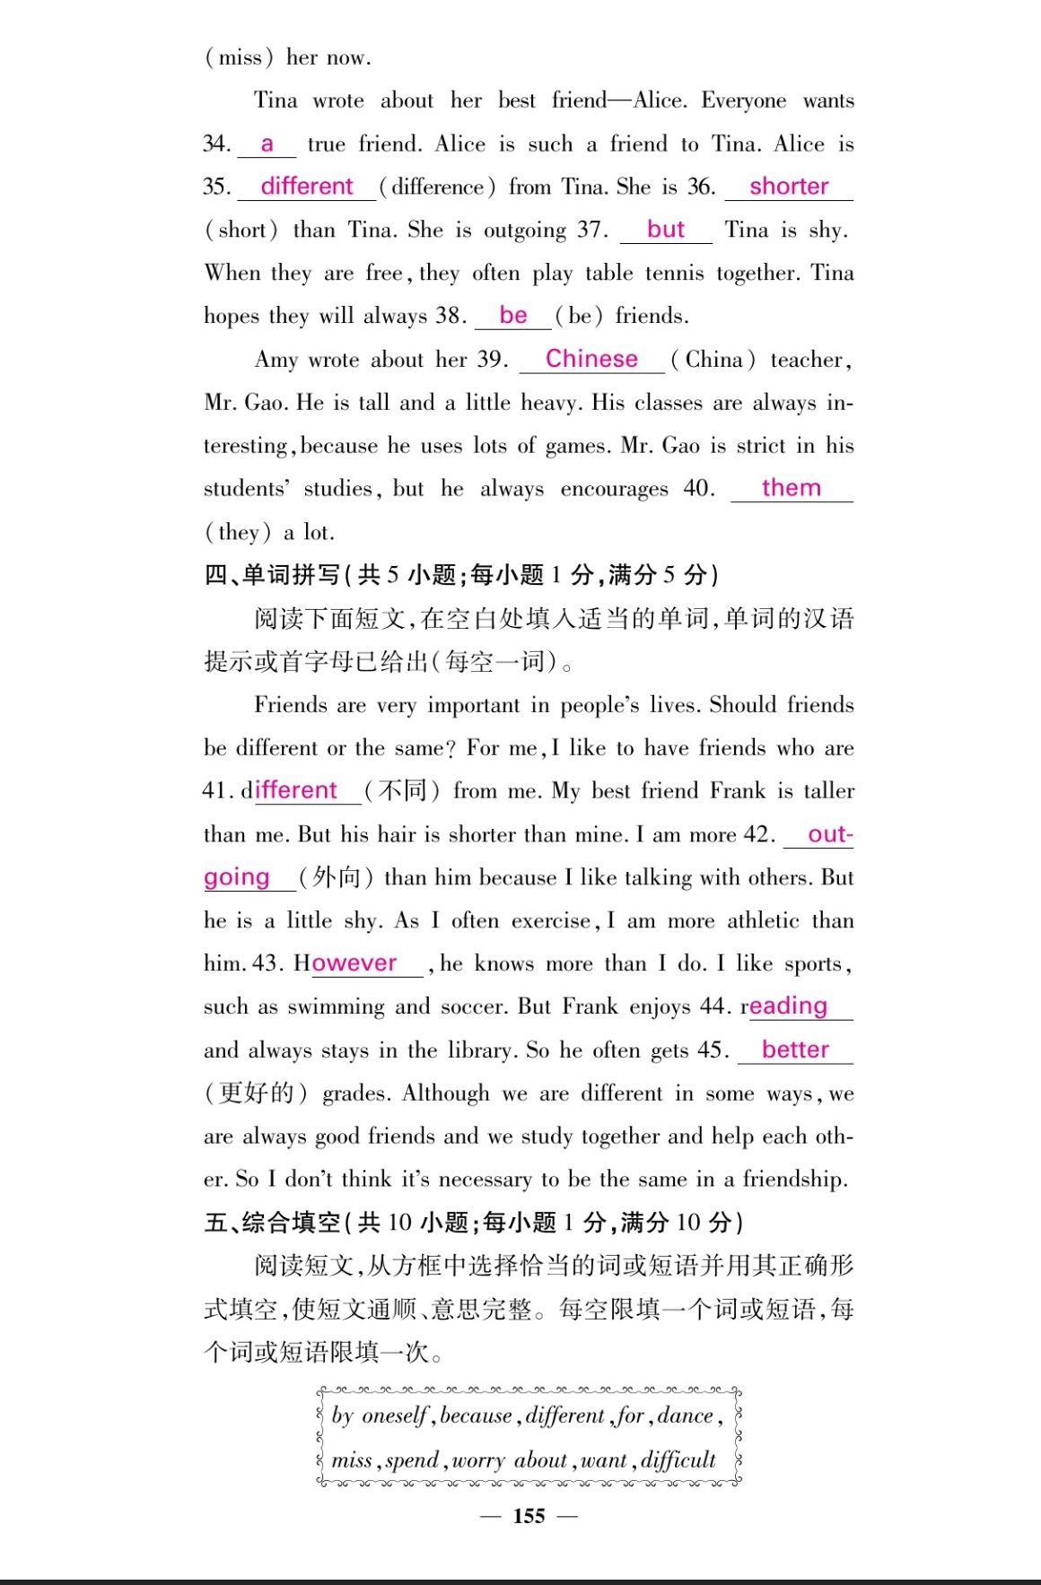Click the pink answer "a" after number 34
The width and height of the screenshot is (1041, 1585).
(x=267, y=144)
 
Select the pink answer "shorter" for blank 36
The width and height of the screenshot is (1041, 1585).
(x=789, y=187)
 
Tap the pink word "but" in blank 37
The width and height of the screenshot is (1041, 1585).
(x=666, y=230)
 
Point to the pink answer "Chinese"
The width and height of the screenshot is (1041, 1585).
(x=591, y=359)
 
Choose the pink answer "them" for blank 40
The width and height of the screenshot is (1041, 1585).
(x=791, y=488)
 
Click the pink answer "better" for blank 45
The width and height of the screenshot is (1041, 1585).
(x=795, y=1049)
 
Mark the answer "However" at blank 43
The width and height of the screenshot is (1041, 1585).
(x=354, y=963)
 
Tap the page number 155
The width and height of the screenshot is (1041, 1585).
(x=529, y=1516)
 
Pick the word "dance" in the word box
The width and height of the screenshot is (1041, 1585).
(x=686, y=1415)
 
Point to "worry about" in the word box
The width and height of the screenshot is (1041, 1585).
(x=510, y=1460)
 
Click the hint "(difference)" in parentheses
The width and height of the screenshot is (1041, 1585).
(x=437, y=187)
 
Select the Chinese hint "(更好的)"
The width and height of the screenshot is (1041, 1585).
(x=256, y=1093)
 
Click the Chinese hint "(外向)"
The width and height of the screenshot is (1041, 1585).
(x=336, y=877)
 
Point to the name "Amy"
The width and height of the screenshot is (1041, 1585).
(x=276, y=360)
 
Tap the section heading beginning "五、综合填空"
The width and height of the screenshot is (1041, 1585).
(x=473, y=1223)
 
